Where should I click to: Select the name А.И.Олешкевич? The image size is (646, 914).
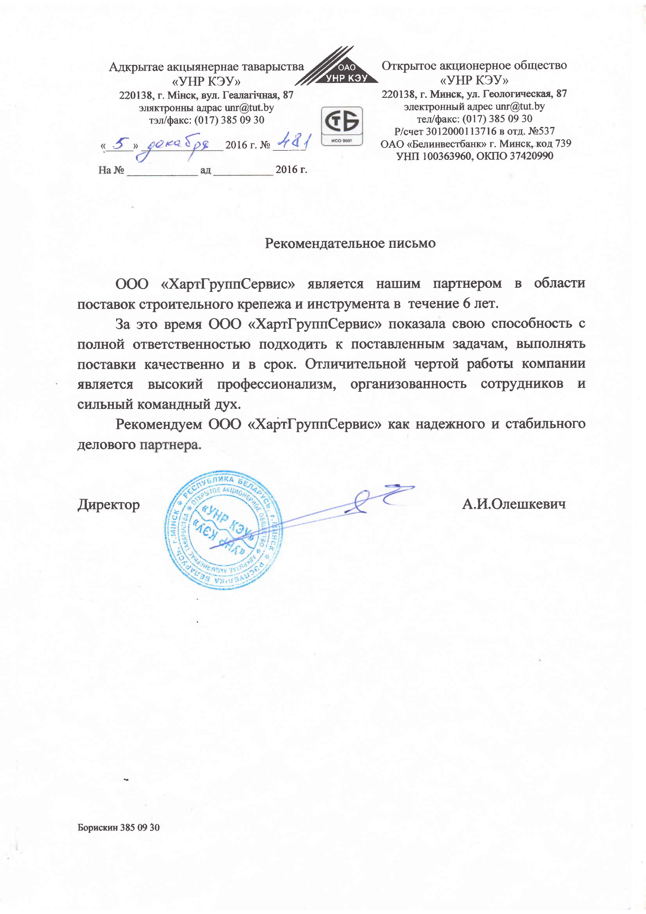(513, 504)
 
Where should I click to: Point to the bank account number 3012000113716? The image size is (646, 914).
(461, 131)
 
